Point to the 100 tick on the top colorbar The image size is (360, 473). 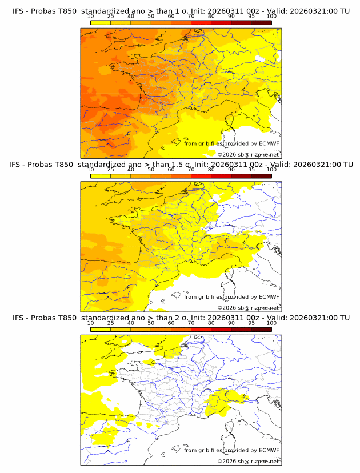tap(271, 17)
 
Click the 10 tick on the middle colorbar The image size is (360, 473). tap(91, 170)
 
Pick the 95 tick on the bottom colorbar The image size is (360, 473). tap(251, 323)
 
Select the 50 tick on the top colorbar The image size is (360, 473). tap(151, 17)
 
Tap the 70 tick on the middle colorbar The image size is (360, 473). tap(191, 170)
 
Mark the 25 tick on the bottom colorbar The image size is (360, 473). tap(111, 323)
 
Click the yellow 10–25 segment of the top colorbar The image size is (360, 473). tap(101, 23)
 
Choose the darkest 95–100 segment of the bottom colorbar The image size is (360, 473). tap(261, 330)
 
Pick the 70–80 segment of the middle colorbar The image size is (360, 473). tap(201, 176)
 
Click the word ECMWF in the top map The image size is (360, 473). tap(269, 143)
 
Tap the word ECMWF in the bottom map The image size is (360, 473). tap(269, 450)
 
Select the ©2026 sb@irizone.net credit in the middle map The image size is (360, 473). tap(248, 307)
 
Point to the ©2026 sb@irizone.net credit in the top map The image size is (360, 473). tap(248, 154)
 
